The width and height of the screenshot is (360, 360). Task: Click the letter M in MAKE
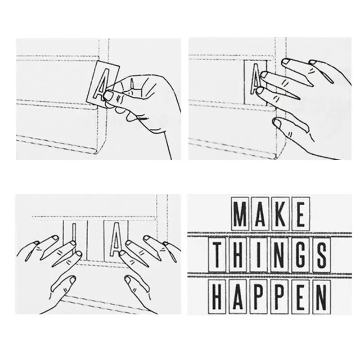click(241, 215)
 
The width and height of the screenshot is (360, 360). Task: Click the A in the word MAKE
click(261, 215)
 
